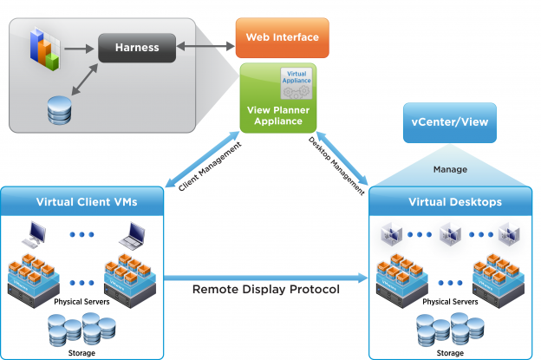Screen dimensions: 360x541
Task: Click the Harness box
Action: (137, 48)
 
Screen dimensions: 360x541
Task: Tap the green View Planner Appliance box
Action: (277, 98)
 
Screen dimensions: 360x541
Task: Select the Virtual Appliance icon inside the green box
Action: (297, 84)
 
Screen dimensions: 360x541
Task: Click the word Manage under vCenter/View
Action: (450, 169)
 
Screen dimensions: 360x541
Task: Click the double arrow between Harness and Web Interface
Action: (205, 41)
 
